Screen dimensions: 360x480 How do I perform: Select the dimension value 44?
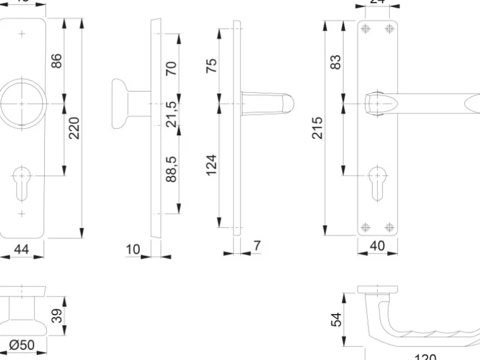21,249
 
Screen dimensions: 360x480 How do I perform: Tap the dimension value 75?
211,65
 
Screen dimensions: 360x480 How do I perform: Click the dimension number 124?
211,165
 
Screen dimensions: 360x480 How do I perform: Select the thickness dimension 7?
256,246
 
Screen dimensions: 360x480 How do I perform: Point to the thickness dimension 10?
133,250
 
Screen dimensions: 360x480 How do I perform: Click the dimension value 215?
317,128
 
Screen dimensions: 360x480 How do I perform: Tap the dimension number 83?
336,62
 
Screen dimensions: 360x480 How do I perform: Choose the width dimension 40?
377,246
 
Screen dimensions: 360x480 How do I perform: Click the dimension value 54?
337,320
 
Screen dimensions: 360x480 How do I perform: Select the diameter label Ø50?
21,344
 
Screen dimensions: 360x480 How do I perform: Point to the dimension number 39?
57,315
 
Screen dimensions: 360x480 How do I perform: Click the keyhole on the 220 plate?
21,181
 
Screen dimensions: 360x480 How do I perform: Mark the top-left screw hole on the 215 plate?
365,29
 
